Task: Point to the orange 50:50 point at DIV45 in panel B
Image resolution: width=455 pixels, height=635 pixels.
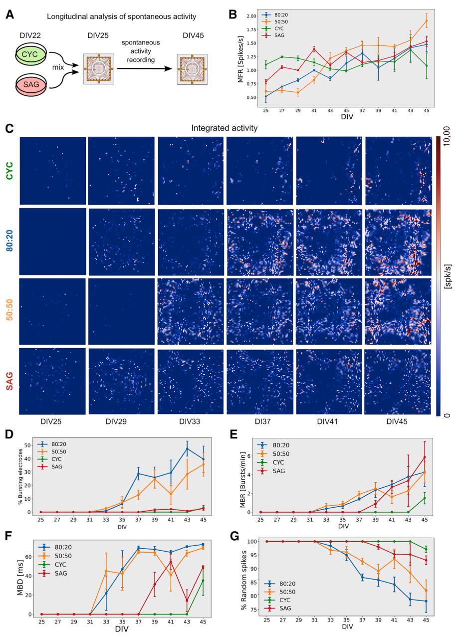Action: point(426,20)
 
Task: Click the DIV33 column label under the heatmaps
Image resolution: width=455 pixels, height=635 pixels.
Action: point(190,422)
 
